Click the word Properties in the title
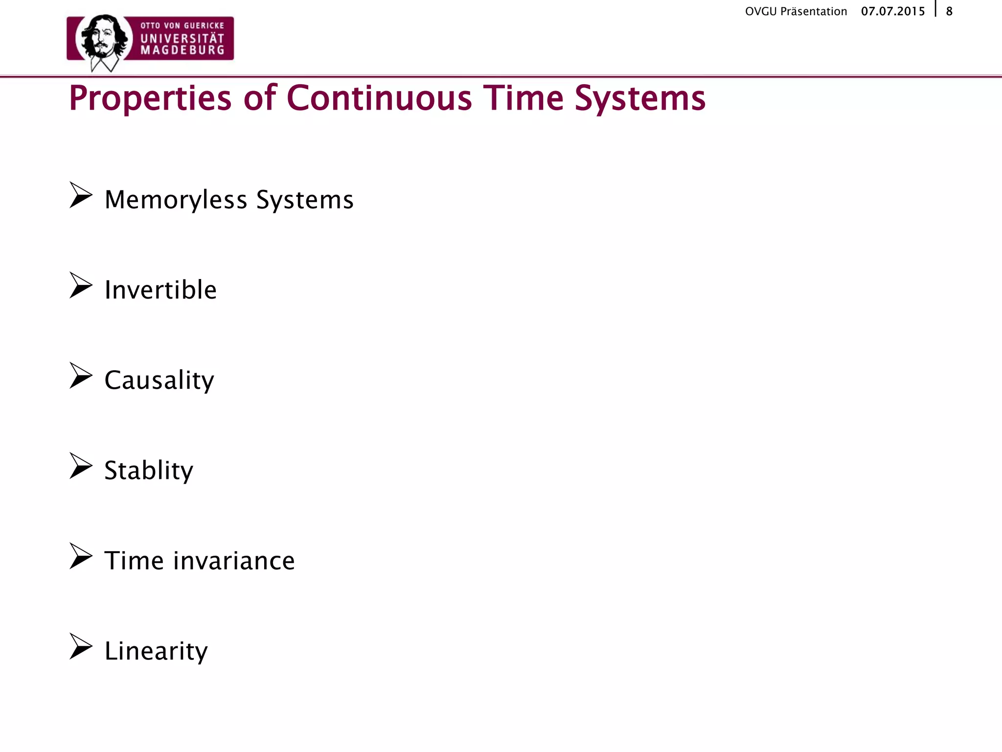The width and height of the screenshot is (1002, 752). pos(150,99)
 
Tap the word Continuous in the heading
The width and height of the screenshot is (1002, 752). pos(379,98)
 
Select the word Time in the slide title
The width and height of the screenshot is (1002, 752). pos(523,98)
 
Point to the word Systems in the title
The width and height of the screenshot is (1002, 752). pos(640,99)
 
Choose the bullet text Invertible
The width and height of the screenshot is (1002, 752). pos(160,290)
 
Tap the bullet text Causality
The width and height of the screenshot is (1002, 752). pos(159,380)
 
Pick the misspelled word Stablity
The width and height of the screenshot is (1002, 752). pos(149,470)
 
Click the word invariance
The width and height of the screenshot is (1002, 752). pos(234,561)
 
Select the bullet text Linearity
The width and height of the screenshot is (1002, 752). pos(156,651)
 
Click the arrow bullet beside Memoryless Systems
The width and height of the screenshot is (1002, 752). pos(81,195)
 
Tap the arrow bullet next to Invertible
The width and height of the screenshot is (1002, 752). pos(81,285)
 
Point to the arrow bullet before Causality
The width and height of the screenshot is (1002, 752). pos(81,376)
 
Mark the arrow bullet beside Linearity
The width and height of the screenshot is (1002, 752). pos(81,646)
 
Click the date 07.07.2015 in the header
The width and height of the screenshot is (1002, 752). pos(893,11)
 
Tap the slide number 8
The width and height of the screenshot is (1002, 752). pos(949,11)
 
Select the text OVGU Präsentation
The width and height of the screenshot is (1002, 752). pos(796,11)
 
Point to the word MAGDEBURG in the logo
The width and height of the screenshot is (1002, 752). pos(182,50)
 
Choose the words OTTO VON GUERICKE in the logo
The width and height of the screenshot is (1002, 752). pos(182,25)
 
